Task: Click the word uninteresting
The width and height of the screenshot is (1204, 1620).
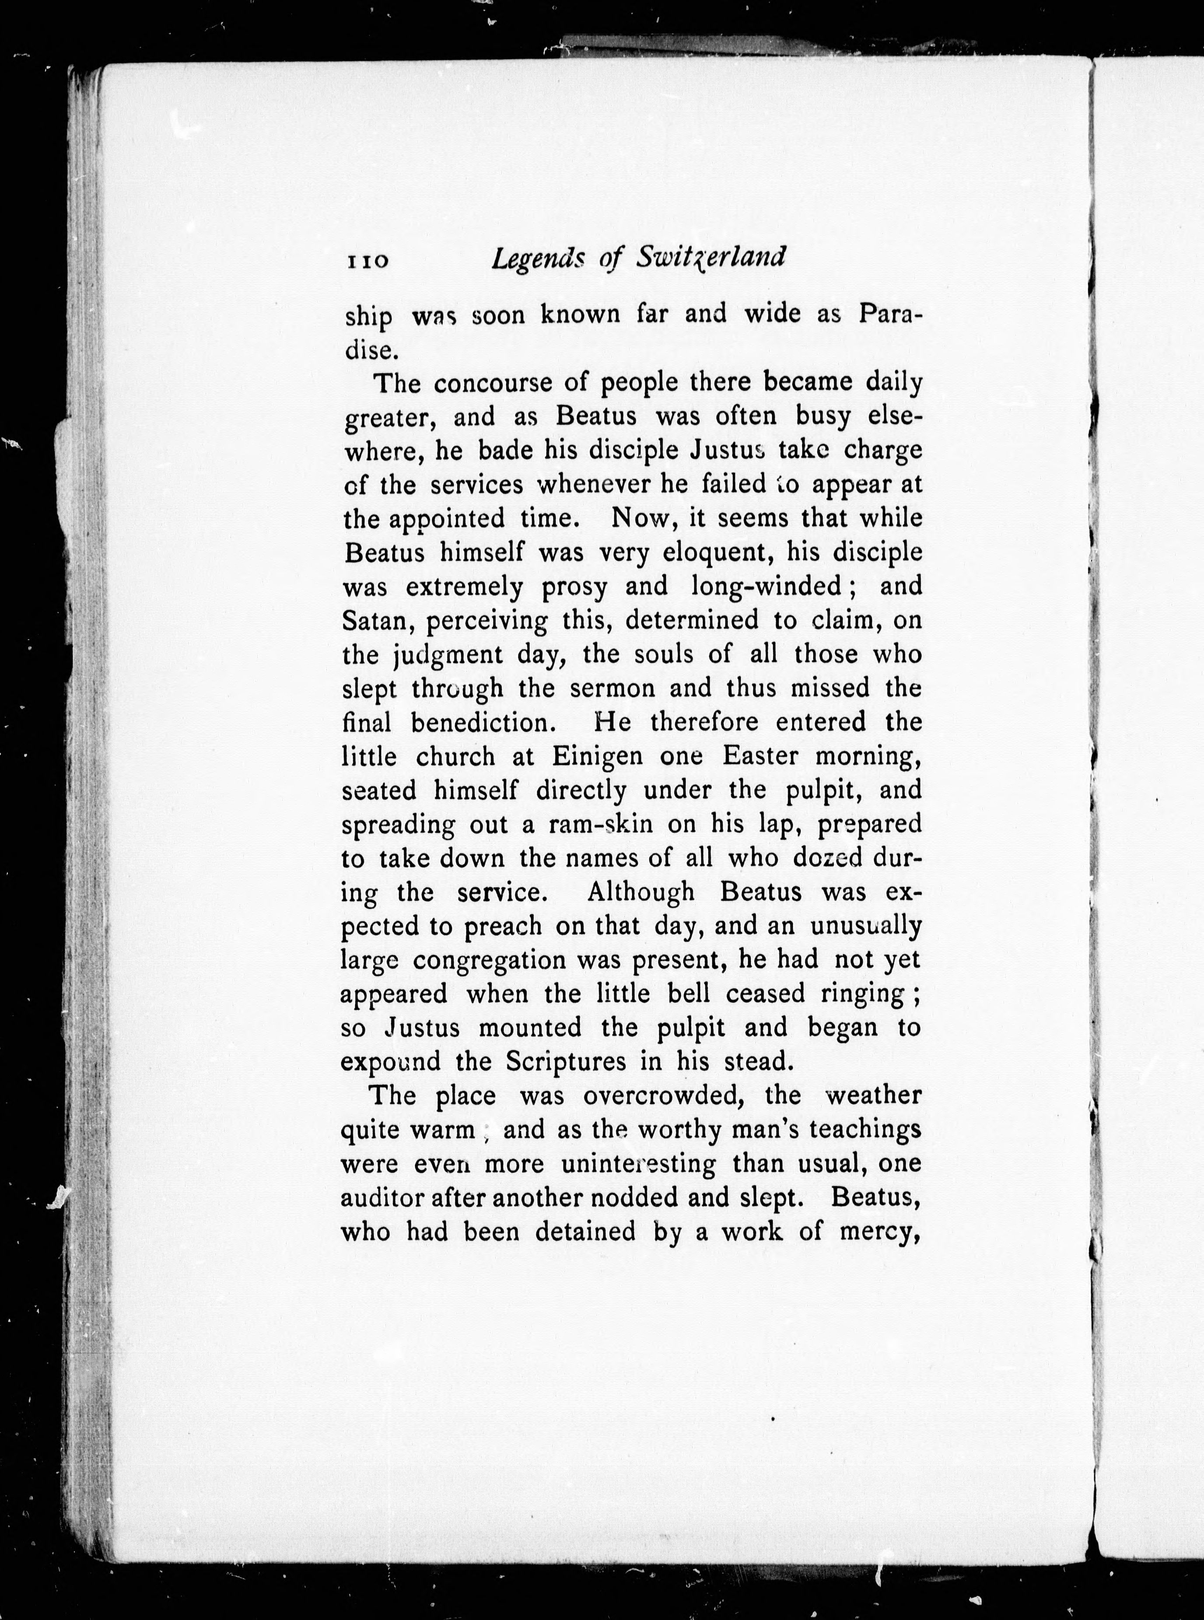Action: (638, 1164)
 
